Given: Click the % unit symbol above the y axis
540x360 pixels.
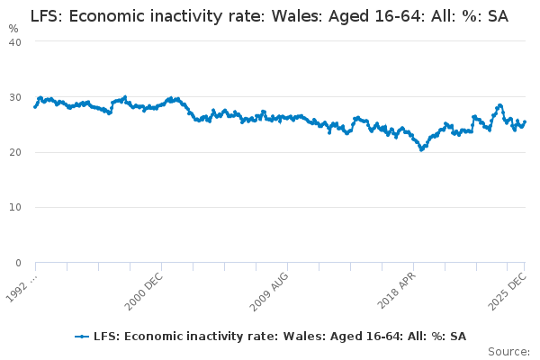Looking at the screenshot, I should pos(13,29).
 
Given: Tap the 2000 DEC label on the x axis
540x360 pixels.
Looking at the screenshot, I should pos(145,286).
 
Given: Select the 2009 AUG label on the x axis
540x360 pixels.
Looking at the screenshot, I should pos(270,286).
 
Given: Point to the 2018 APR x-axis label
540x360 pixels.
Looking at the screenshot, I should pos(396,286).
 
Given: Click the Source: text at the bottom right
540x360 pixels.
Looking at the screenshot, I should pos(508,351).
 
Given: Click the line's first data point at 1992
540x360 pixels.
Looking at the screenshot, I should pos(35,107).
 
